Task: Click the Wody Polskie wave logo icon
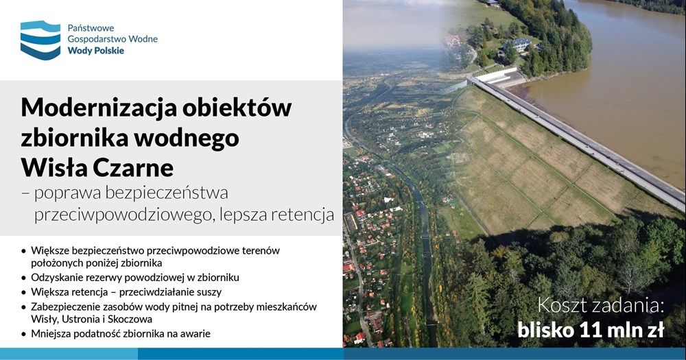(40, 40)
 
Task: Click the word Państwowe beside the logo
(91, 28)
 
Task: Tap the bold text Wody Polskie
(96, 51)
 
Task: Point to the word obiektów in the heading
(237, 108)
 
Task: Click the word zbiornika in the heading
(73, 137)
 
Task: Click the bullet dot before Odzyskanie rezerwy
(23, 278)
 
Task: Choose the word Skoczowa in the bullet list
(132, 319)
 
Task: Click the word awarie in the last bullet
(196, 334)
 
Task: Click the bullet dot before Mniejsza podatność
(23, 334)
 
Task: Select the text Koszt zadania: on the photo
(601, 305)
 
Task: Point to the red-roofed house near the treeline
(453, 40)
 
